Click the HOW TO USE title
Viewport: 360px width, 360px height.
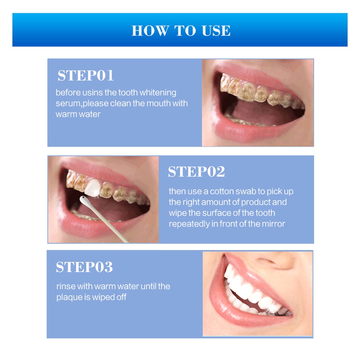pos(181,30)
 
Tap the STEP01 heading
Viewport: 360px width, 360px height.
pos(86,76)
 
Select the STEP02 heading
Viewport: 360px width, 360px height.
pos(196,172)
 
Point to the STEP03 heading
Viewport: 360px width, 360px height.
pos(84,267)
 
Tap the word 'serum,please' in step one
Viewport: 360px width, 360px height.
pos(78,104)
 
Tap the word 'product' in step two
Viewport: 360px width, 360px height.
pos(246,202)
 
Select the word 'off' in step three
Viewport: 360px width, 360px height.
pos(120,298)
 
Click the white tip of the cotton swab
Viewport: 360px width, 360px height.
pos(84,199)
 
